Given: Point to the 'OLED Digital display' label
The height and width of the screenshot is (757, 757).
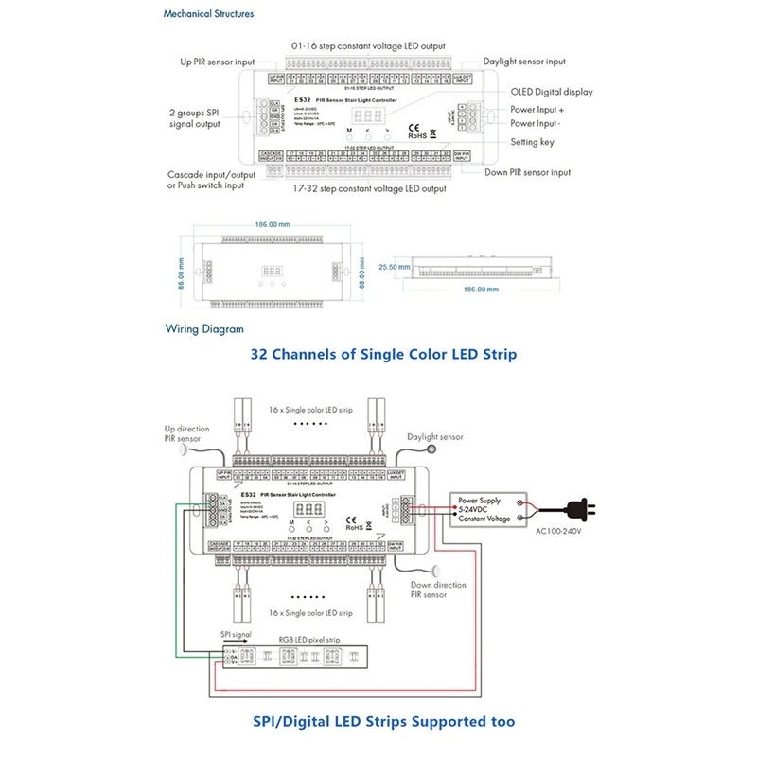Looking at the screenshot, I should (551, 92).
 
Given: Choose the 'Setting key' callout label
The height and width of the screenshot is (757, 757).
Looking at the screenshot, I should (532, 142).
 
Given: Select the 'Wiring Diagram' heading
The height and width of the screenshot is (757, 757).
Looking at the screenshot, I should (204, 329).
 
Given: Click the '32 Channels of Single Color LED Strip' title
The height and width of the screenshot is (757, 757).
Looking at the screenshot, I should (383, 355).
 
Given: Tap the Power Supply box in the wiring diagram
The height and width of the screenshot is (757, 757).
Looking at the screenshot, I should (494, 507).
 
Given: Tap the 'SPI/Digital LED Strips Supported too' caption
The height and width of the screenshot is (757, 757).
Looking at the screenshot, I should (383, 721).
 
